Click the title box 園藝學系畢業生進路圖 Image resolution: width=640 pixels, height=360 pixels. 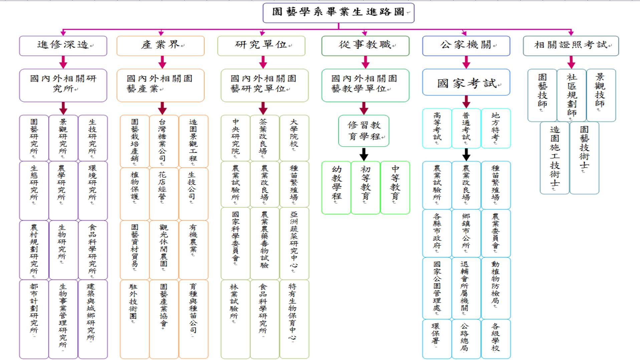[339, 13]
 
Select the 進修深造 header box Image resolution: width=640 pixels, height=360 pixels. [63, 46]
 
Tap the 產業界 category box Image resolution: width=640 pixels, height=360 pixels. [161, 46]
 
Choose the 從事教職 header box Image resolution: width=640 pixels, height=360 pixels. [365, 46]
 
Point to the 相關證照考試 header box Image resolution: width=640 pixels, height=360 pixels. [571, 46]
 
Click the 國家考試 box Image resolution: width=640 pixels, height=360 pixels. [466, 82]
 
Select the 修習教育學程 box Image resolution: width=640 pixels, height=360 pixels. [364, 131]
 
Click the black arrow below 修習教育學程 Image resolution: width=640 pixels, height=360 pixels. [364, 154]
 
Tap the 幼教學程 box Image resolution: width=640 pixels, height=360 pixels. [336, 188]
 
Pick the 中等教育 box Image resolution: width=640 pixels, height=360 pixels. [395, 188]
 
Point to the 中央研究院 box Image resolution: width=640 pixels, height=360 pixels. [235, 138]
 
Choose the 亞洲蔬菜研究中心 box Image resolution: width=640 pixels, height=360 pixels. [294, 243]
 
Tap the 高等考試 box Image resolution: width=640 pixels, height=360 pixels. [437, 128]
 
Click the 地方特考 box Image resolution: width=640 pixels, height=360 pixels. [496, 128]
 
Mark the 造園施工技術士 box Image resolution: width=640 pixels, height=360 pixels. [555, 158]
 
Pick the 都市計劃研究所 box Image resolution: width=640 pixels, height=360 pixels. [34, 319]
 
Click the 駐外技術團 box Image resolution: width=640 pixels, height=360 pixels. [135, 319]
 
